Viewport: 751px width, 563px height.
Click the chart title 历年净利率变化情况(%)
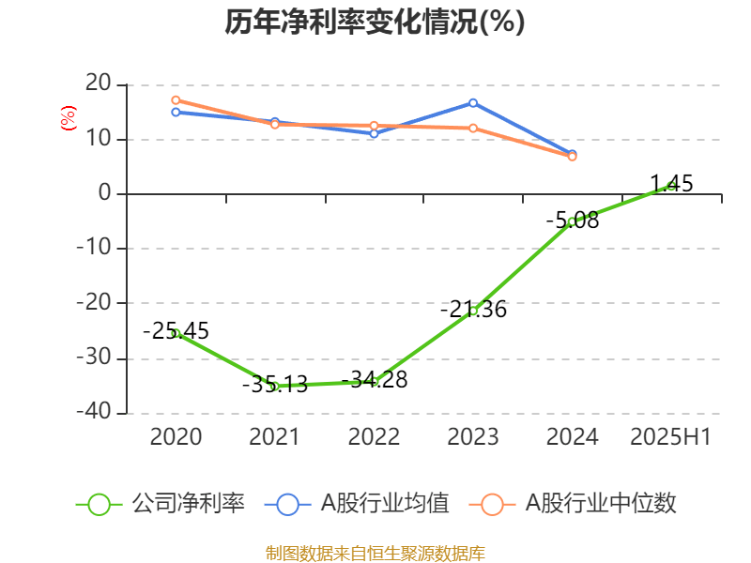tap(375, 23)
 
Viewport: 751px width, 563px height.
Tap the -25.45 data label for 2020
tap(176, 331)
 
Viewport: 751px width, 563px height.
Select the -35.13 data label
tap(275, 384)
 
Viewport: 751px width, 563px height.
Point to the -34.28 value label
tap(375, 380)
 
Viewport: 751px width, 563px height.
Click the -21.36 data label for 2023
tap(474, 309)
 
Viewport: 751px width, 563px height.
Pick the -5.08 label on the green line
tap(573, 221)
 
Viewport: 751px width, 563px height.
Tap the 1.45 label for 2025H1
tap(671, 184)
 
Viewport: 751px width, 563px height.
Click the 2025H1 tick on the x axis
tap(671, 436)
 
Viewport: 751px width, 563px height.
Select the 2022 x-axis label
tap(375, 436)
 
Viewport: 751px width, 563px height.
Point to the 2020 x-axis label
tap(176, 436)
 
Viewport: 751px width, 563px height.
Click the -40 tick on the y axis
tap(96, 413)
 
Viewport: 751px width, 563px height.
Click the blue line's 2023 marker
tap(473, 102)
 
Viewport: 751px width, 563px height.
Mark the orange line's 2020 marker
tap(176, 100)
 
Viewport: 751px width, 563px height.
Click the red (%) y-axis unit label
tap(68, 118)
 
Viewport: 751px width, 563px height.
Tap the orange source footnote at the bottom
tap(375, 553)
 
